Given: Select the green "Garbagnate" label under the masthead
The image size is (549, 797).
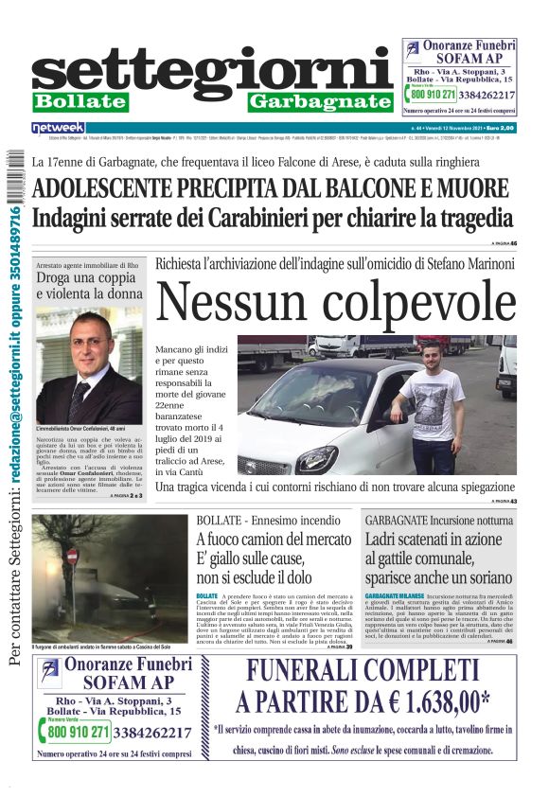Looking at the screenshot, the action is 320,101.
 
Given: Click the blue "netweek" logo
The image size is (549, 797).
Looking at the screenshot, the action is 59,127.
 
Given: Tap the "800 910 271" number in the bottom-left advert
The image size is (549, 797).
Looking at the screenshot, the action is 79,732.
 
